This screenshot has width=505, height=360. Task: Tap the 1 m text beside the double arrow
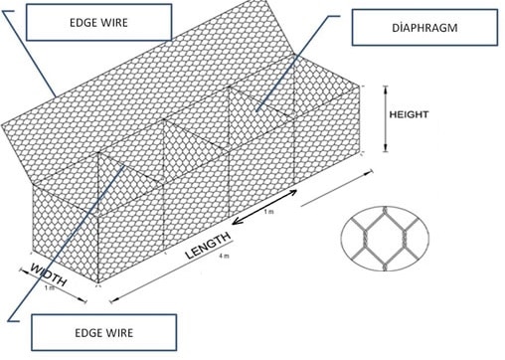tap(269, 213)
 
